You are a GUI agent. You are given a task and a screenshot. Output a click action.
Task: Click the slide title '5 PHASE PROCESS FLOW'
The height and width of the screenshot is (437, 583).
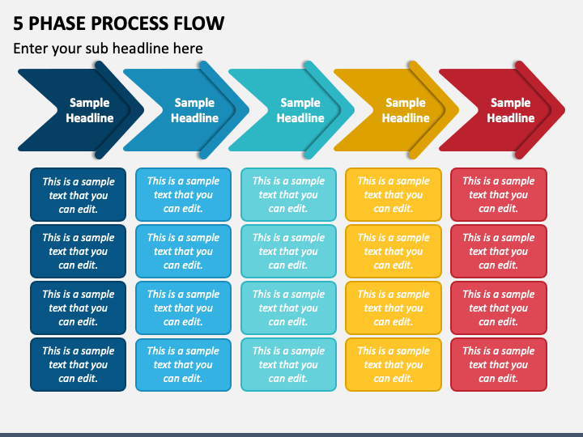(118, 23)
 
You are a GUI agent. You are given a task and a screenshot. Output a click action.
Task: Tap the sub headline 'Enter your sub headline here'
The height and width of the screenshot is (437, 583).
(108, 49)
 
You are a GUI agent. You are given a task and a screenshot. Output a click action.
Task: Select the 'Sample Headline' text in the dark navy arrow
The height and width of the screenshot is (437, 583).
(90, 110)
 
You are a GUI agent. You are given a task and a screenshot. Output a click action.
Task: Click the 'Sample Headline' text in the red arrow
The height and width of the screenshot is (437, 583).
(510, 110)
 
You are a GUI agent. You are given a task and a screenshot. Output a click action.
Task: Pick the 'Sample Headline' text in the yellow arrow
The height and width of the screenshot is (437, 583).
(406, 110)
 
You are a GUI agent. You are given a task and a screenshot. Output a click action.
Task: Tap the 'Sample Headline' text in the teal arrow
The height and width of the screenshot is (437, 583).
(300, 110)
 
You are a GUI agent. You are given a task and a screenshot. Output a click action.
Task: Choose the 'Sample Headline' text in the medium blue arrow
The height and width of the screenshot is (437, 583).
(194, 110)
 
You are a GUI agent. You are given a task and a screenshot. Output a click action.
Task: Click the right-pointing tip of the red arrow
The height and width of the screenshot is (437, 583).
(564, 110)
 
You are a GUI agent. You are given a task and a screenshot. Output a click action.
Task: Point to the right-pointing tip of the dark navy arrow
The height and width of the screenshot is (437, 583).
(143, 110)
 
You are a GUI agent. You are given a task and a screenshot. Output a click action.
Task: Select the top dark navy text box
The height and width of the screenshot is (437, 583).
(78, 195)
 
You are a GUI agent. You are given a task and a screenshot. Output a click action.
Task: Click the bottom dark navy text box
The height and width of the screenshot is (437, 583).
(78, 364)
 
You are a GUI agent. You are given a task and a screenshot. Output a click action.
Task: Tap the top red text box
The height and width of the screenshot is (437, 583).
(499, 195)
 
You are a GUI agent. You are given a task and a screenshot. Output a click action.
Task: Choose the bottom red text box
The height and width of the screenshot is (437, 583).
(499, 364)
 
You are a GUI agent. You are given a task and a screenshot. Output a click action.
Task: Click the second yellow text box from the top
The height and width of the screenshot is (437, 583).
(394, 251)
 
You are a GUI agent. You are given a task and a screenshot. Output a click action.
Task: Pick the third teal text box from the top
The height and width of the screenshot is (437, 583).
(288, 308)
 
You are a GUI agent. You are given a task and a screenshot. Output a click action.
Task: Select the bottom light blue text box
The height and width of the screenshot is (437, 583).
(183, 364)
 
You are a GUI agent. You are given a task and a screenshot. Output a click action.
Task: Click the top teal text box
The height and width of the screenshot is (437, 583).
(288, 195)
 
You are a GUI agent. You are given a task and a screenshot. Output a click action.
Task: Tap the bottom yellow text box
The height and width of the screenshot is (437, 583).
(394, 364)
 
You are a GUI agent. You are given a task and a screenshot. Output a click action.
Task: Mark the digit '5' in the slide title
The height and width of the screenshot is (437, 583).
(18, 23)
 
